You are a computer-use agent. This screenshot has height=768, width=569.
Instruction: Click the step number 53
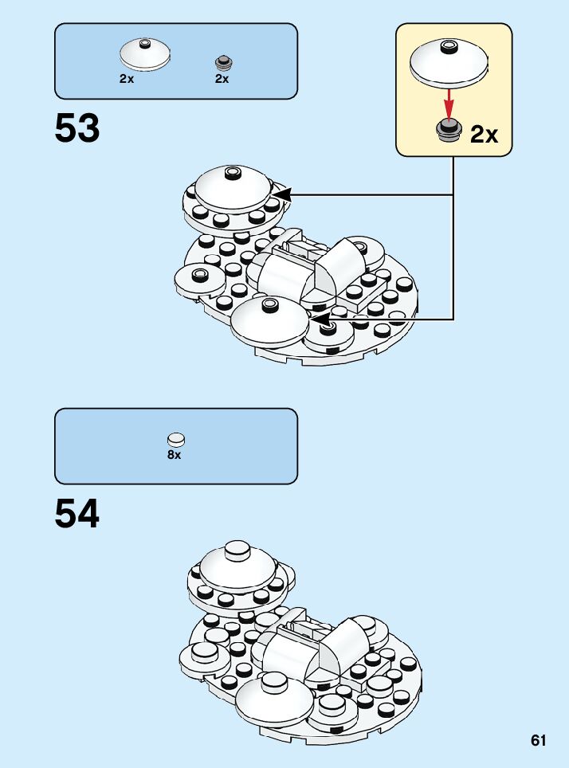coord(77,129)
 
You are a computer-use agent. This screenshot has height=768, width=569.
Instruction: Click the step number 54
coord(77,515)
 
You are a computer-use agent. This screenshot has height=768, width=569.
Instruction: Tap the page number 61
coord(539,741)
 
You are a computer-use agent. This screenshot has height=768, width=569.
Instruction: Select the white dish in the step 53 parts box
coord(143,53)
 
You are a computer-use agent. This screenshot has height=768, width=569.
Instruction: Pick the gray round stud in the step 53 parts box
coord(222,62)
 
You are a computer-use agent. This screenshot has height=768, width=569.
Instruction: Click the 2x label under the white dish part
coord(127,79)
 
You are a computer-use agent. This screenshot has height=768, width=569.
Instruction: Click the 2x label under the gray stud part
coord(222,79)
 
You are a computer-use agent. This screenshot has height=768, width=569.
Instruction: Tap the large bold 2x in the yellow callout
coord(484,135)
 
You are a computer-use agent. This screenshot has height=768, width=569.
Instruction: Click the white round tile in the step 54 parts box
coord(175,439)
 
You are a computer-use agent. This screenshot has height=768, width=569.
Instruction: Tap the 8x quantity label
coord(175,455)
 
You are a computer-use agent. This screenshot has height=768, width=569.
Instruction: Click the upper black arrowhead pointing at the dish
coord(281,194)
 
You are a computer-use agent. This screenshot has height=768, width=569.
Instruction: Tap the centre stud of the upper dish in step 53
coord(233,172)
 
